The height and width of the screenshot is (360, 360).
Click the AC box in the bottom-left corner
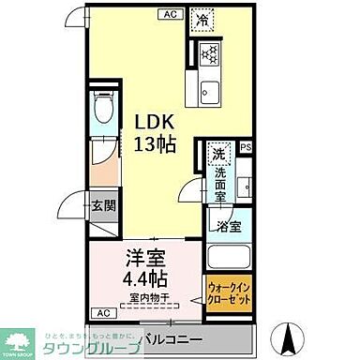click(x=99, y=311)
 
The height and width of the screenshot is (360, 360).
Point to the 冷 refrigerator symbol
click(x=203, y=19)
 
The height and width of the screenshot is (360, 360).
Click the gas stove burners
click(x=208, y=53)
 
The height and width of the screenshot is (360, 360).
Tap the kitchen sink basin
click(x=208, y=92)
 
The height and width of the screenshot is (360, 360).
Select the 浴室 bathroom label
click(x=229, y=226)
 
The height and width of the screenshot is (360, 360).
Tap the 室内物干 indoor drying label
click(x=150, y=299)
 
